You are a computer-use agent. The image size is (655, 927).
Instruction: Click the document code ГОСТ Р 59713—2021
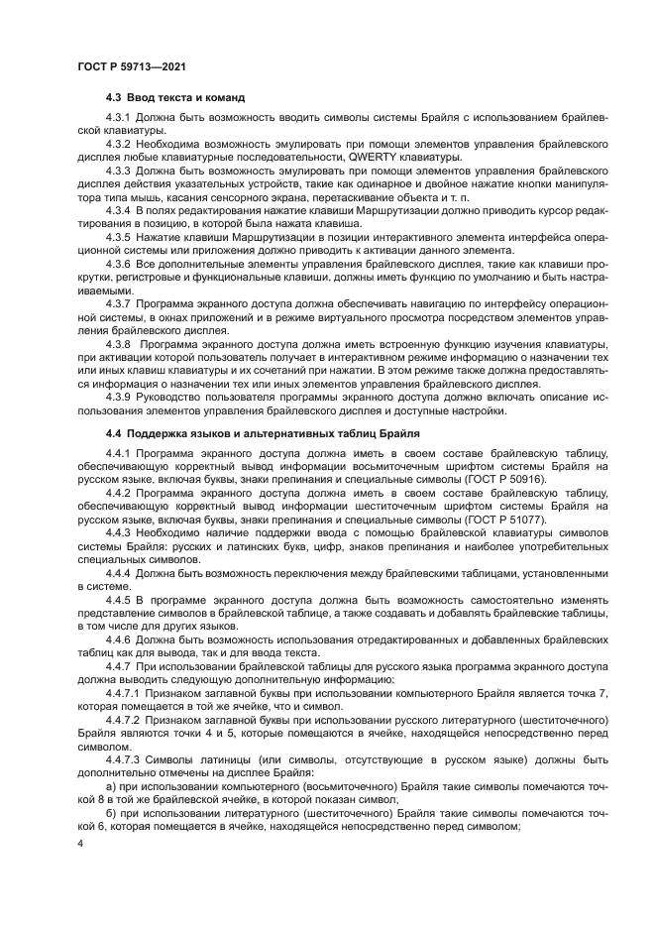pos(133,66)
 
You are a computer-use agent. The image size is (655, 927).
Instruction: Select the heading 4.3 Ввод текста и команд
pos(175,97)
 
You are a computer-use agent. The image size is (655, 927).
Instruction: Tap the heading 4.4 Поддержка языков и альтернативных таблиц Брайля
pos(263,433)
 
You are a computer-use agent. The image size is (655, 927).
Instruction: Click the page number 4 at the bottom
pos(81,843)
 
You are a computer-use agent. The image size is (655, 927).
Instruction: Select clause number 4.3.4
pos(119,211)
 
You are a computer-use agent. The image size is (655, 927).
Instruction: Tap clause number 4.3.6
pos(119,267)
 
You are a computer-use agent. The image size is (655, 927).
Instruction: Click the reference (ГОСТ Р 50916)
pos(505,478)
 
